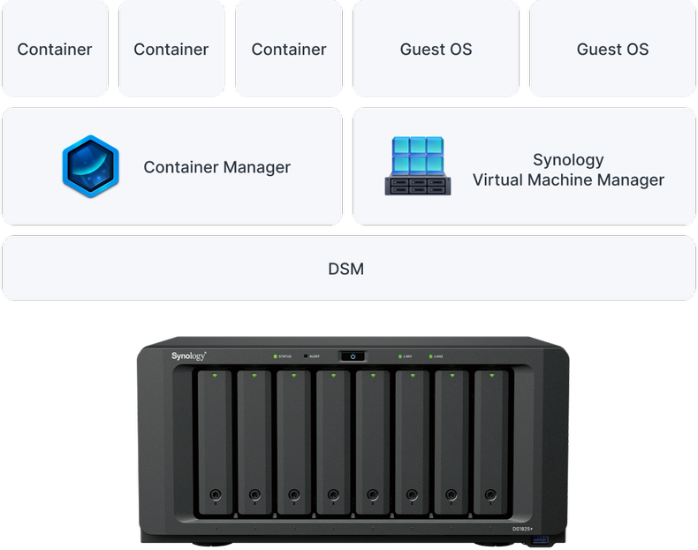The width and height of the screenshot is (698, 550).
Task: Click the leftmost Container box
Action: pos(55,49)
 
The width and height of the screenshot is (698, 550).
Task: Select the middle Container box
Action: pos(171,49)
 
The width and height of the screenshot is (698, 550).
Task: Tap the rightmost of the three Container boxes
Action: pos(289,49)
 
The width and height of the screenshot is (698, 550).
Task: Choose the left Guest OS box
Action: pos(436,49)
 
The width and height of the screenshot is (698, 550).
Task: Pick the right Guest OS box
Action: pos(612,49)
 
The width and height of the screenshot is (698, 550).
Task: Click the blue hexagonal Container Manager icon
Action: pos(90,166)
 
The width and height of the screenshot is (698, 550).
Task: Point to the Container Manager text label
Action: pos(216,167)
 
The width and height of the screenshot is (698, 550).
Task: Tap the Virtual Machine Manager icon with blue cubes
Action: pos(418,166)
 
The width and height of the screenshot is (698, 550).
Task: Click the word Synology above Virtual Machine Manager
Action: pos(568,159)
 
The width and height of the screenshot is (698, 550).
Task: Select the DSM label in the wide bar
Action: pos(345,269)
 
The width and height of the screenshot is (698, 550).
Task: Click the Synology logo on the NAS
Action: pos(188,355)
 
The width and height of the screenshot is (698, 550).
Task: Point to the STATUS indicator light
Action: pos(276,356)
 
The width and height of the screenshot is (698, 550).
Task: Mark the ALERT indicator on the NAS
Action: pos(306,356)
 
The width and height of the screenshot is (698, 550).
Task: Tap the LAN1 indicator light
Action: pos(398,356)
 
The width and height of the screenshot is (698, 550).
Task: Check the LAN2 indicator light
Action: pos(430,356)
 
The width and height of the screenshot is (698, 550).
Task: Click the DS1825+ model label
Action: pos(522,528)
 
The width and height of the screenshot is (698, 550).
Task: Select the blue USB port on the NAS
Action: pos(541,539)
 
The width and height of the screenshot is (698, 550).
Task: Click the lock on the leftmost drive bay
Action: pos(215,495)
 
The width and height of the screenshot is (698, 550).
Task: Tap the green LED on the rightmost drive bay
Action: pos(491,376)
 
